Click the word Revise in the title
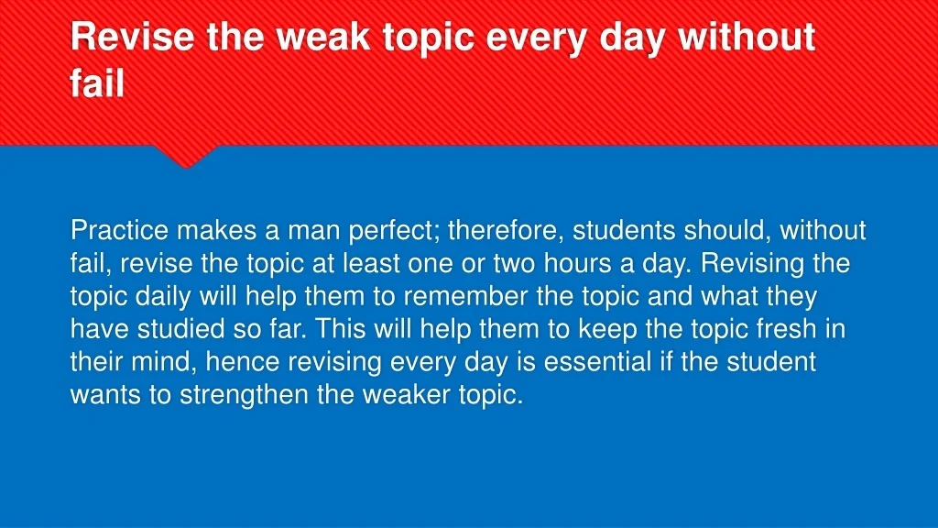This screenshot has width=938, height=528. pyautogui.click(x=132, y=37)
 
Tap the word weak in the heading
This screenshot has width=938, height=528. pyautogui.click(x=323, y=37)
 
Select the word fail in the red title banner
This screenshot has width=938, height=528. pyautogui.click(x=97, y=82)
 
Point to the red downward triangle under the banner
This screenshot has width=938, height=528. pyautogui.click(x=185, y=157)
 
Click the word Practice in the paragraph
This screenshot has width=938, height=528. pyautogui.click(x=120, y=230)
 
